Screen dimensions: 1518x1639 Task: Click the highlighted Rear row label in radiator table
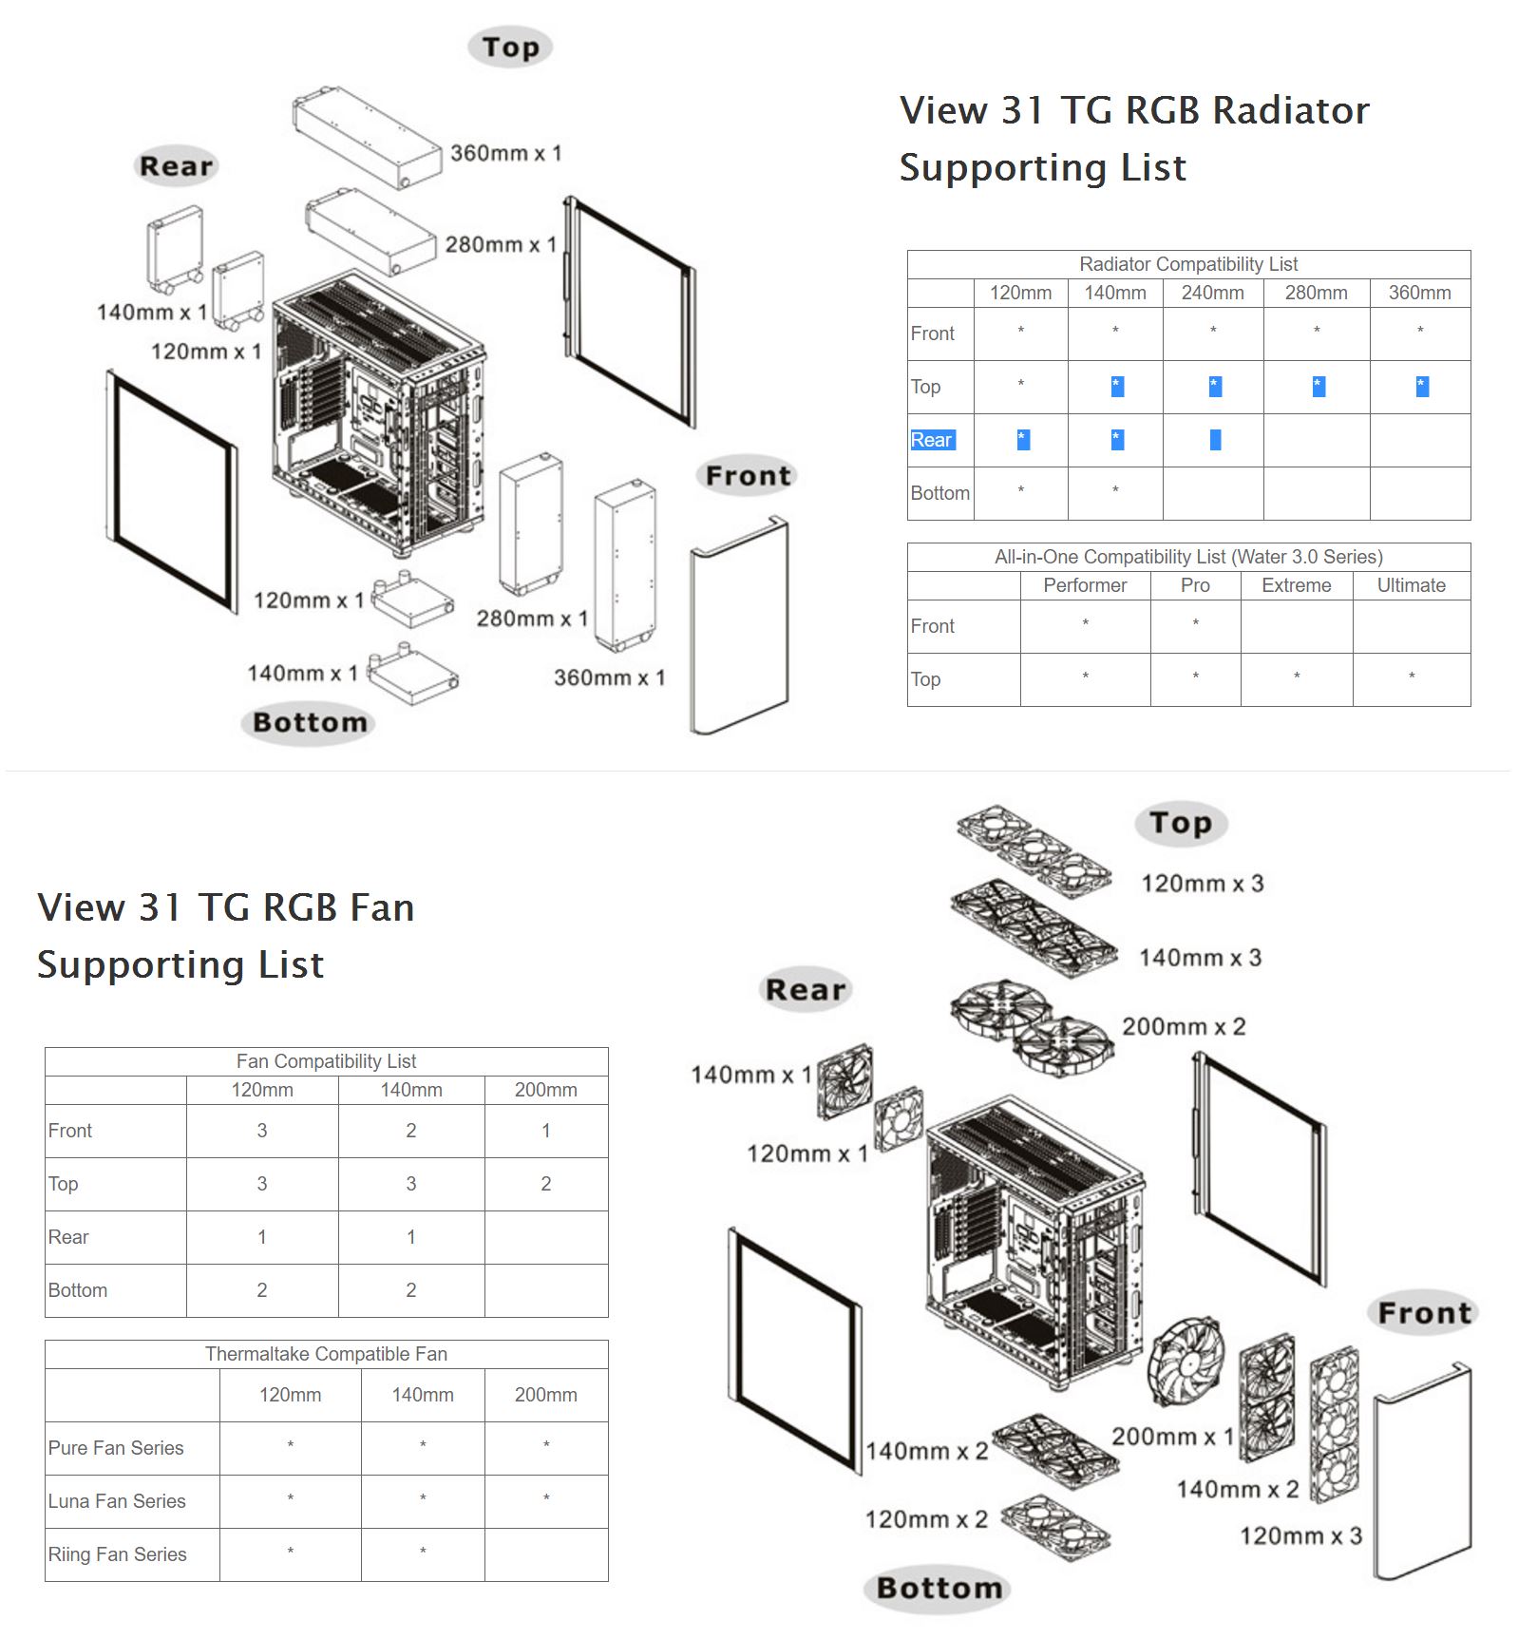tap(932, 440)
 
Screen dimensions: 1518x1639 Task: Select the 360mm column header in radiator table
tap(1419, 293)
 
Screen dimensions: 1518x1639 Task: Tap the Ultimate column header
tap(1411, 585)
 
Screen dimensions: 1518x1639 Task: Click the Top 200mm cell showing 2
tap(545, 1184)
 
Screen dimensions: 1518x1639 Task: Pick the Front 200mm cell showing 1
tap(545, 1131)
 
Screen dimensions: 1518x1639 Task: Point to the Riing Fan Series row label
tap(117, 1554)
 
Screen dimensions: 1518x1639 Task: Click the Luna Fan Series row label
tap(117, 1501)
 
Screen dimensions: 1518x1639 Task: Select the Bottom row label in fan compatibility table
tap(78, 1290)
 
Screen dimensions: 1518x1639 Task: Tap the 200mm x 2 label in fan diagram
tap(1184, 1027)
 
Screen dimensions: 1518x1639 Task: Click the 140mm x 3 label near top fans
tap(1201, 958)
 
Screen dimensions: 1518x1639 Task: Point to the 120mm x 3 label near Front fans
tap(1300, 1536)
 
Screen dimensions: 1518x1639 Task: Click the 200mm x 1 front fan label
tap(1172, 1437)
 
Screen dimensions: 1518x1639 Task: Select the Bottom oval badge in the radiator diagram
tap(310, 723)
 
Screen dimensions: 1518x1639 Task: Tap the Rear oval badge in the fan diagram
tap(806, 990)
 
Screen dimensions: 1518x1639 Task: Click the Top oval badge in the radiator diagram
tap(510, 48)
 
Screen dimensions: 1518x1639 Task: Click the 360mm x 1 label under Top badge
tap(506, 153)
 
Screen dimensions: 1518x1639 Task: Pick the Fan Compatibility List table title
tap(326, 1061)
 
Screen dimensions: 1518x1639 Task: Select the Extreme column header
tap(1296, 585)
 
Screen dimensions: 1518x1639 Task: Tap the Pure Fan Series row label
tap(116, 1448)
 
